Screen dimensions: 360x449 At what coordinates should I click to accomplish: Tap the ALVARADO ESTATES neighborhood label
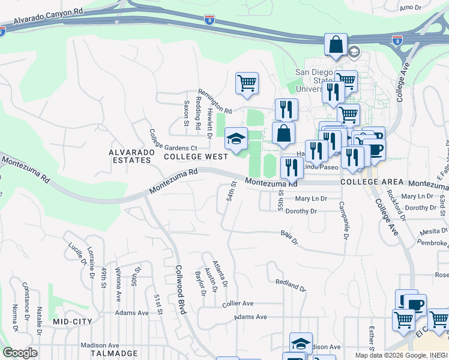tap(130, 157)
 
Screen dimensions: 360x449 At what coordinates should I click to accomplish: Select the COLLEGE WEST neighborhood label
tap(196, 157)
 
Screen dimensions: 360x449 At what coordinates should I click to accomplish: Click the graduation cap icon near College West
tap(236, 139)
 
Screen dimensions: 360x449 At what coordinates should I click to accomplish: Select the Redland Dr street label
tap(291, 284)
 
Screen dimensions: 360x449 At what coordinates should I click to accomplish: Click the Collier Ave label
tap(238, 304)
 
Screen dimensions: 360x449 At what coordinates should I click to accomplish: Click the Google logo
tap(20, 353)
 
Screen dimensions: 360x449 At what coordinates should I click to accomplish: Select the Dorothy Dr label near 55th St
tap(301, 211)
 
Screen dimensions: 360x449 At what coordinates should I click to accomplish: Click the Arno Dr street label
tap(411, 7)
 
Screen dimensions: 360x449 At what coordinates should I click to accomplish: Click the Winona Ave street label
tap(119, 284)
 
